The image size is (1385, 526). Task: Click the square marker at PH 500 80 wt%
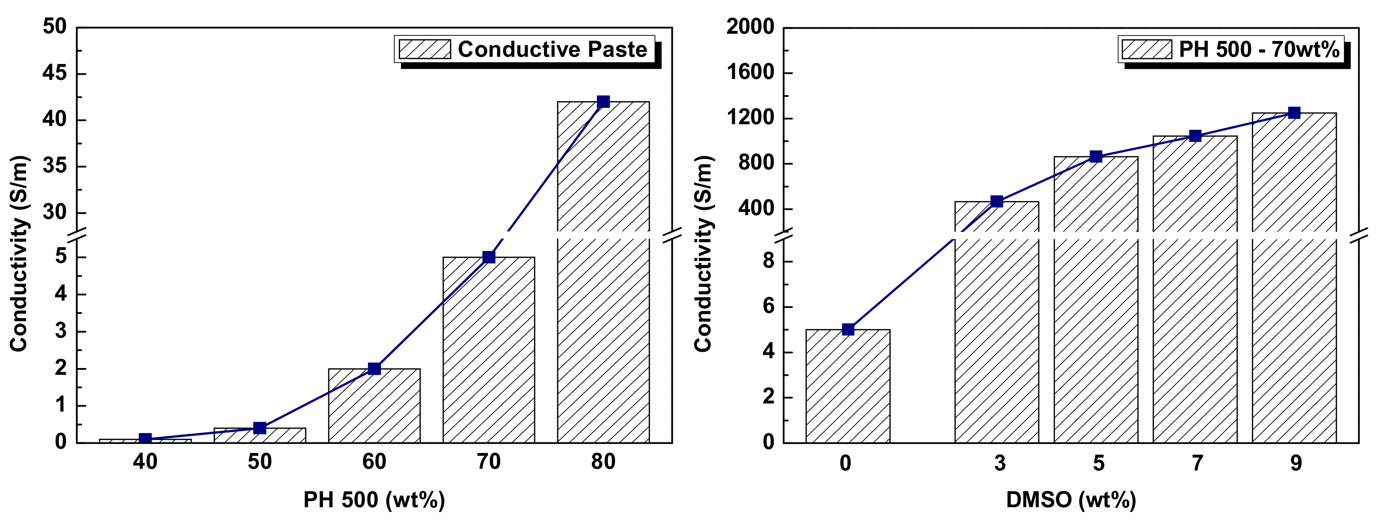point(603,102)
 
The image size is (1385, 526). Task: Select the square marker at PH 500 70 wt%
point(489,257)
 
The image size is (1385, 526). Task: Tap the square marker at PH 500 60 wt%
point(374,369)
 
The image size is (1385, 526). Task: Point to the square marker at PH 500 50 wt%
point(260,428)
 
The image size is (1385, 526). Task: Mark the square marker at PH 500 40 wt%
point(145,439)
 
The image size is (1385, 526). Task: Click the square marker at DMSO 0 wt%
point(848,329)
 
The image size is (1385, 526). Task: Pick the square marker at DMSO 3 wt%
point(996,202)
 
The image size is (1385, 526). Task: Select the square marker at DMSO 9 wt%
point(1294,113)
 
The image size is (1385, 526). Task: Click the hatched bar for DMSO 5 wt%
point(1096,323)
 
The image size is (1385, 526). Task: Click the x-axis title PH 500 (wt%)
point(374,500)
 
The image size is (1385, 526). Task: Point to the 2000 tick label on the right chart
point(750,27)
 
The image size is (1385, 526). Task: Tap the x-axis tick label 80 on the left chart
point(603,462)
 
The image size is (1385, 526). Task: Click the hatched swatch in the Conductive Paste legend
point(425,50)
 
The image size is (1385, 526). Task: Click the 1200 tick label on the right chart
point(750,118)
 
